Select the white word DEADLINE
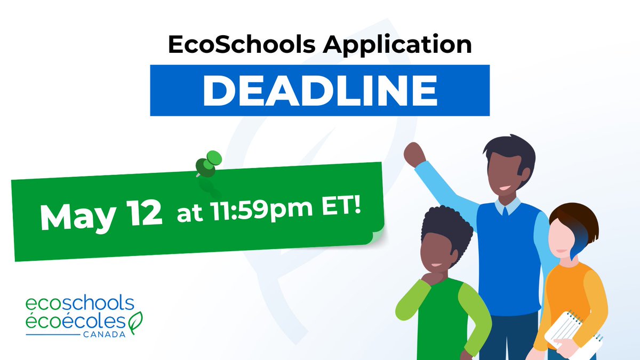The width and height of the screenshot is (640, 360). tap(319, 90)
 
